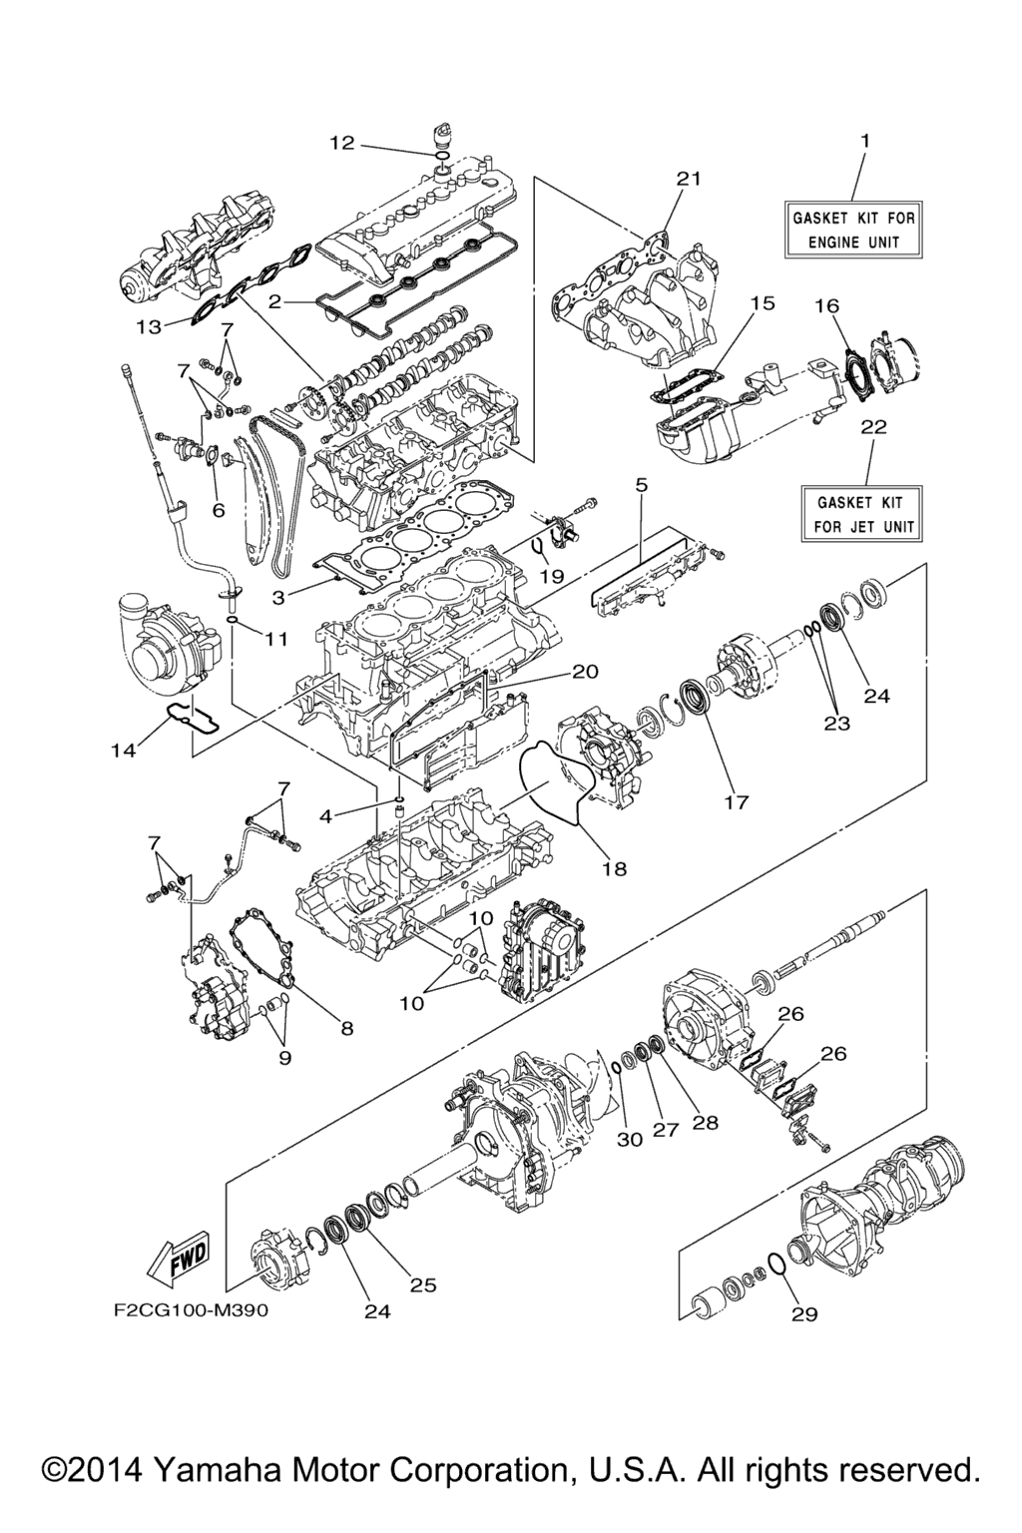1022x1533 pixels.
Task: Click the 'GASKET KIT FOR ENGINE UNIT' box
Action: [854, 230]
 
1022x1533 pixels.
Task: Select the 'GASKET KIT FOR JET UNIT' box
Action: [861, 513]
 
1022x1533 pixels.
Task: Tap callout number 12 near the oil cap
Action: [342, 143]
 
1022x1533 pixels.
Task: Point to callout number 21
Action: [690, 179]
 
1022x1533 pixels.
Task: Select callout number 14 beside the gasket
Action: [126, 751]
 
